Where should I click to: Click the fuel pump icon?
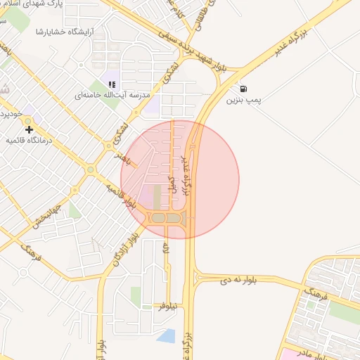243,89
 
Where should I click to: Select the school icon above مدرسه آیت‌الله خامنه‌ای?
112,84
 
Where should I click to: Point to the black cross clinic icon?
29,129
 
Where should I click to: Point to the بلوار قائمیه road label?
120,198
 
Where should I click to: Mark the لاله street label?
166,248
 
